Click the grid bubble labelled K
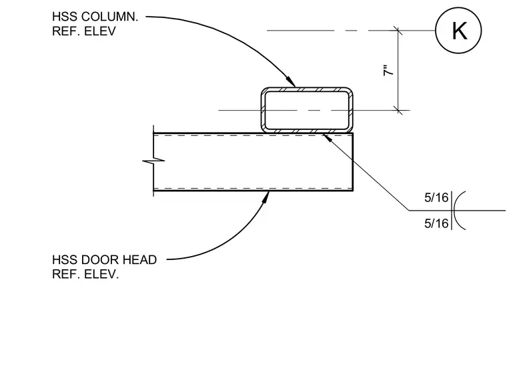(458, 31)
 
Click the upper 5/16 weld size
(436, 197)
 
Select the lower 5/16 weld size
(436, 223)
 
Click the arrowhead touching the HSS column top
(291, 82)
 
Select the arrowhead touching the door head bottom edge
(266, 197)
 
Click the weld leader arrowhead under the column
(328, 137)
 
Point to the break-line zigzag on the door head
(153, 160)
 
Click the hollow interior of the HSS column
(307, 110)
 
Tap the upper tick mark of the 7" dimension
(398, 31)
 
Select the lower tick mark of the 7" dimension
(398, 110)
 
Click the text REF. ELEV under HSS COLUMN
(84, 31)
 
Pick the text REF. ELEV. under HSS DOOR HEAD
(85, 274)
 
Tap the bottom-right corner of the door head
(353, 191)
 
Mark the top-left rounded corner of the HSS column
(264, 90)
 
